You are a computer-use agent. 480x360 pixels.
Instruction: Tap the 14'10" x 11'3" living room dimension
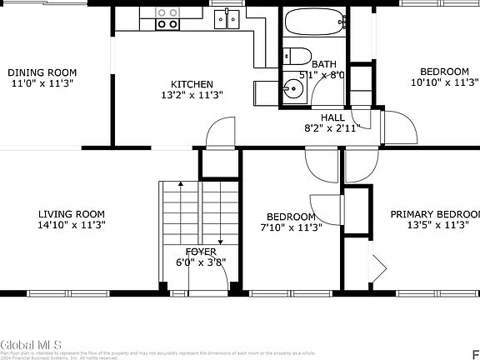[x=71, y=224]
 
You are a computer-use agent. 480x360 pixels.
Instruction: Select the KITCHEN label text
[x=192, y=84]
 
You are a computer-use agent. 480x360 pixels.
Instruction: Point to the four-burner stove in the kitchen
[x=167, y=18]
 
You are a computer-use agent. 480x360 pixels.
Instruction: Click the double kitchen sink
[x=225, y=18]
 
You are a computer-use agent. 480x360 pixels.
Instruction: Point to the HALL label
[x=321, y=117]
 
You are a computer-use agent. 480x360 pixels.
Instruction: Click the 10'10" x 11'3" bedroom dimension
[x=444, y=82]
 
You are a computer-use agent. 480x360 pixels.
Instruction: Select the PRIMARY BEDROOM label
[x=435, y=213]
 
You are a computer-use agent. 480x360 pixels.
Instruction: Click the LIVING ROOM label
[x=71, y=213]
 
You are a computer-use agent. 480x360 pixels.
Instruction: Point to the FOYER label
[x=201, y=251]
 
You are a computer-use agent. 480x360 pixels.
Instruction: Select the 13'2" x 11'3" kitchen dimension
[x=192, y=95]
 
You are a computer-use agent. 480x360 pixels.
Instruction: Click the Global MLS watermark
[x=27, y=342]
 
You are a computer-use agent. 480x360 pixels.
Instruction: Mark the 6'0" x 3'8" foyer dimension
[x=201, y=262]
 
